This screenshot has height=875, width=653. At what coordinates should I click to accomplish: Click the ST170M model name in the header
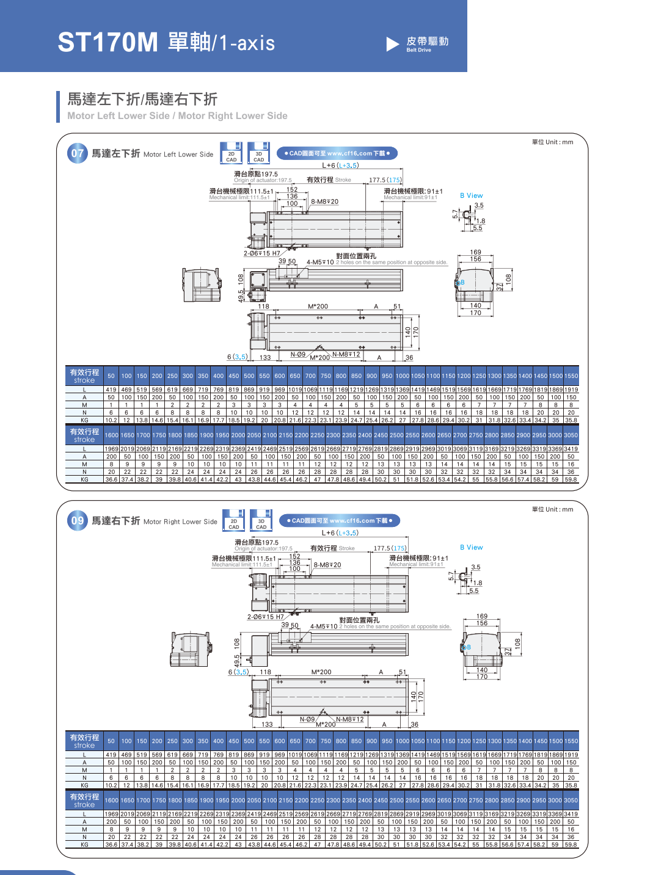click(108, 43)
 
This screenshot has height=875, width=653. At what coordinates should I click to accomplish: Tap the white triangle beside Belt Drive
click(392, 44)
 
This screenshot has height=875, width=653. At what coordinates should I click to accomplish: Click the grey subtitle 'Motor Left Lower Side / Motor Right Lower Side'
click(177, 116)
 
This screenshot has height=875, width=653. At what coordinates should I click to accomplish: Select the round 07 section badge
click(78, 153)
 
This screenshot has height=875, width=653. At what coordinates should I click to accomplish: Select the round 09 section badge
click(78, 521)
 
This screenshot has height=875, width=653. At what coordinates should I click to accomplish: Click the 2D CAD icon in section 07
click(232, 153)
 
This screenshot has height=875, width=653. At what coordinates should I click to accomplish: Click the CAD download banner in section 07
click(337, 153)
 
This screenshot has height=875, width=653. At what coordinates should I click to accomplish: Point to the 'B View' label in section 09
click(471, 548)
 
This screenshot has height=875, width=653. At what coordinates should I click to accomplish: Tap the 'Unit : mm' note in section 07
click(552, 142)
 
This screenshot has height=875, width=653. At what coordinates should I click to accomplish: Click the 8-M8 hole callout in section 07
click(324, 202)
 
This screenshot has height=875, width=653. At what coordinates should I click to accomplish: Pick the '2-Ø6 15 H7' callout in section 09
click(265, 617)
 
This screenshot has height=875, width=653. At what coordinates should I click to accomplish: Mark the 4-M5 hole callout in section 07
click(320, 263)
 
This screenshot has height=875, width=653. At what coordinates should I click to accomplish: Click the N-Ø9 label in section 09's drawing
click(307, 719)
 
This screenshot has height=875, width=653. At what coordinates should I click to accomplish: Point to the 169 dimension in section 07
click(476, 252)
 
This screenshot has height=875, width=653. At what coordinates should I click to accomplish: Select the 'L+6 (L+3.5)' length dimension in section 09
click(340, 533)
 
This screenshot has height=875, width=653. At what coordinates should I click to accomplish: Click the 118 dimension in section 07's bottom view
click(263, 307)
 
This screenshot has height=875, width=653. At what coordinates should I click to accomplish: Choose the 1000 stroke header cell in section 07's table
click(403, 376)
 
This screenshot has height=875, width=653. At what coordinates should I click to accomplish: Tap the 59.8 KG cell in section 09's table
click(571, 844)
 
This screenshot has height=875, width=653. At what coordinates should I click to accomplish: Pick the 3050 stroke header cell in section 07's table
click(571, 435)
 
